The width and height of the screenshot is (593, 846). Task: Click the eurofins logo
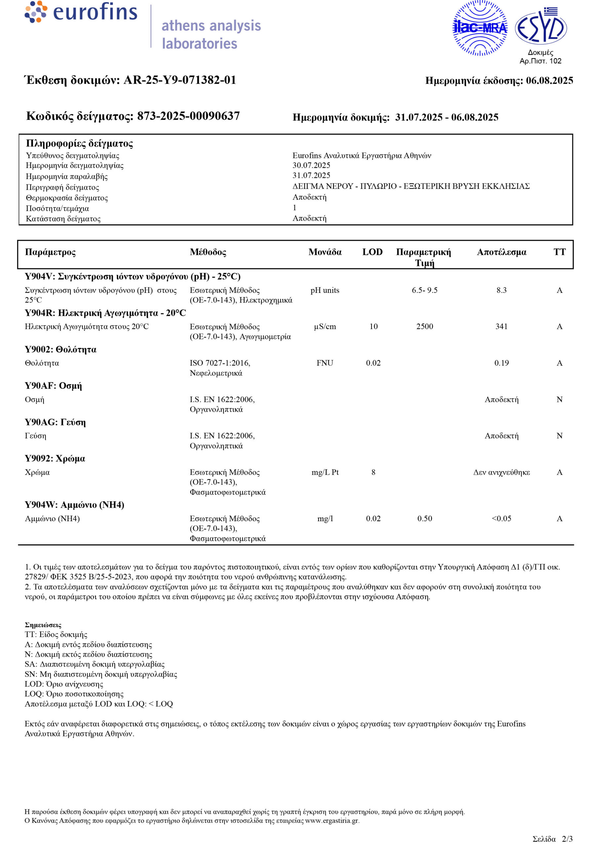pos(81,12)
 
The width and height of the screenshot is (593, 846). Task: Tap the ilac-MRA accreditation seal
pos(480,28)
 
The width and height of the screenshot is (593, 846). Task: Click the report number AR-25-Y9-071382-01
pos(179,80)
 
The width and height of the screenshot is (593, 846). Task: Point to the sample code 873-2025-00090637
pos(188,116)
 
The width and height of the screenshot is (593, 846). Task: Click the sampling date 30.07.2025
pos(311,166)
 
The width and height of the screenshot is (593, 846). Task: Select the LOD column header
pos(372,252)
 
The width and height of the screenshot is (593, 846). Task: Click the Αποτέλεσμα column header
pos(501,252)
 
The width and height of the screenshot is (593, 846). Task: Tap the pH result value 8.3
pos(501,290)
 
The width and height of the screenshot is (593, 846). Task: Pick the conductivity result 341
pos(501,327)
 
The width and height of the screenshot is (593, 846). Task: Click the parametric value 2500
pos(424,327)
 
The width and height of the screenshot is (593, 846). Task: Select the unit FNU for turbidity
pos(325,363)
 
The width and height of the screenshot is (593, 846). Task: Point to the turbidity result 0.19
pos(501,363)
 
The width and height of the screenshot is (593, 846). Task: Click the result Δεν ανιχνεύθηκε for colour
pos(501,472)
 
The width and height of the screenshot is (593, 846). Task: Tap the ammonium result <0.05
pos(501,519)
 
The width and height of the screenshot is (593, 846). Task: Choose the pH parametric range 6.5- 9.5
pos(424,290)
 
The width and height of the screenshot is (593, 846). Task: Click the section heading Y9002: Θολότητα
pos(60,349)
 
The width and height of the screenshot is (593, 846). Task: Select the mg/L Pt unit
pos(325,472)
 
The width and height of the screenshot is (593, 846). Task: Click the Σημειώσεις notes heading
pos(43,625)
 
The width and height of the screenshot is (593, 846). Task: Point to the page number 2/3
pos(567,839)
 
